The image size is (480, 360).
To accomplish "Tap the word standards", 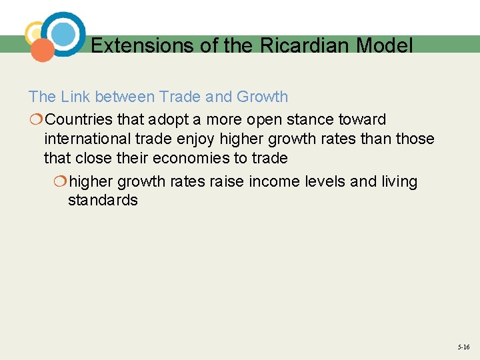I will [x=103, y=201].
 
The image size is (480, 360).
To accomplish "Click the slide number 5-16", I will [x=463, y=347].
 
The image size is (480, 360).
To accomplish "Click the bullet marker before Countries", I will [x=35, y=120].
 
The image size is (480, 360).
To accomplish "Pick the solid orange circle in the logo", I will [x=43, y=50].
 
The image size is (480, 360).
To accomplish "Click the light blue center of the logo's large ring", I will [x=63, y=34].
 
